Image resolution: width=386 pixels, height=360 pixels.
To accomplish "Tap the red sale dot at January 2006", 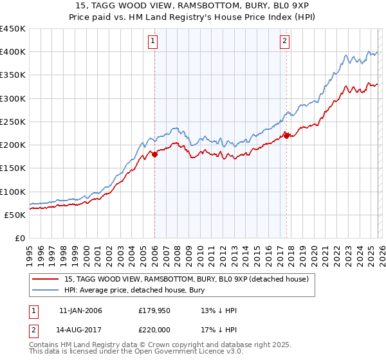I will pos(154,154).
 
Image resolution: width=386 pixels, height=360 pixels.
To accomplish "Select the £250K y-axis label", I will pos(13,122).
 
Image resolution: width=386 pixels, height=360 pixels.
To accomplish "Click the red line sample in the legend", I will pos(46,279).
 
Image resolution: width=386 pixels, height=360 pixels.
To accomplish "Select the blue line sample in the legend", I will pos(46,291).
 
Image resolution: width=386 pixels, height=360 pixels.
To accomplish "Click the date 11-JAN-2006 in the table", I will pos(80,310).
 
